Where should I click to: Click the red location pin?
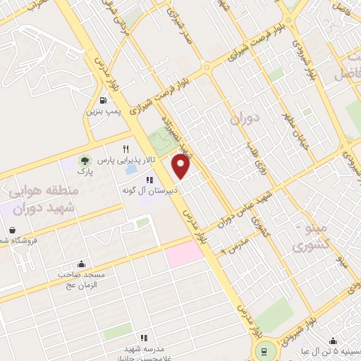181,166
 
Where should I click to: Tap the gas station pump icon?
104,100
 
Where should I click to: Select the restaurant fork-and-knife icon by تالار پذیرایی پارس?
126,149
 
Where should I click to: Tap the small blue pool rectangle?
131,170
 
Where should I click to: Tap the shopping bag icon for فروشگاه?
13,229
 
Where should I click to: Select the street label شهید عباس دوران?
259,204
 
